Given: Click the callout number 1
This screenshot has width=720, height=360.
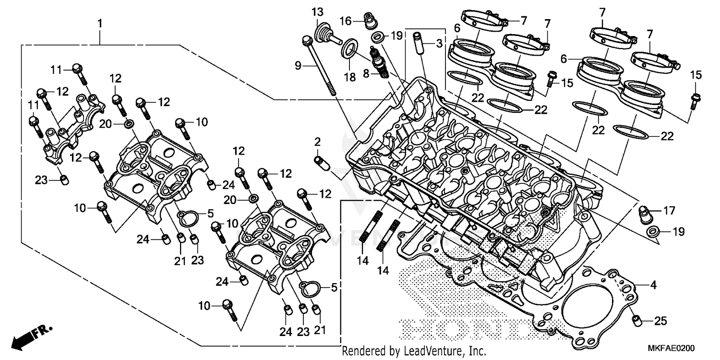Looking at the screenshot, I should tap(100, 23).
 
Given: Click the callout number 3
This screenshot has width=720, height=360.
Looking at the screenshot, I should tap(439, 44).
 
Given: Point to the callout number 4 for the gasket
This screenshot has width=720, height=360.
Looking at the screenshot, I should tap(653, 285).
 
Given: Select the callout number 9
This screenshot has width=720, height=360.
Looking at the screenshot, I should tap(298, 65).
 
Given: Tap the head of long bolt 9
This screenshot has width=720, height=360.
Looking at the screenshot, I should tap(306, 40).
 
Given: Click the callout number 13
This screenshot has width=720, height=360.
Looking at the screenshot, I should tap(317, 11).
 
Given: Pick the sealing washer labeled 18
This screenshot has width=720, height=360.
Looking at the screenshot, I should tap(350, 48).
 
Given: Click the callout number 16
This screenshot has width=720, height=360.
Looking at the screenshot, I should tap(346, 21).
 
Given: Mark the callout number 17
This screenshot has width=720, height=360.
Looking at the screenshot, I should tap(669, 210).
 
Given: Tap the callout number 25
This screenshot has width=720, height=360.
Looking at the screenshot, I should tap(660, 321).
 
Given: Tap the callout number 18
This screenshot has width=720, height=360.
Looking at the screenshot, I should tap(350, 77).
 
